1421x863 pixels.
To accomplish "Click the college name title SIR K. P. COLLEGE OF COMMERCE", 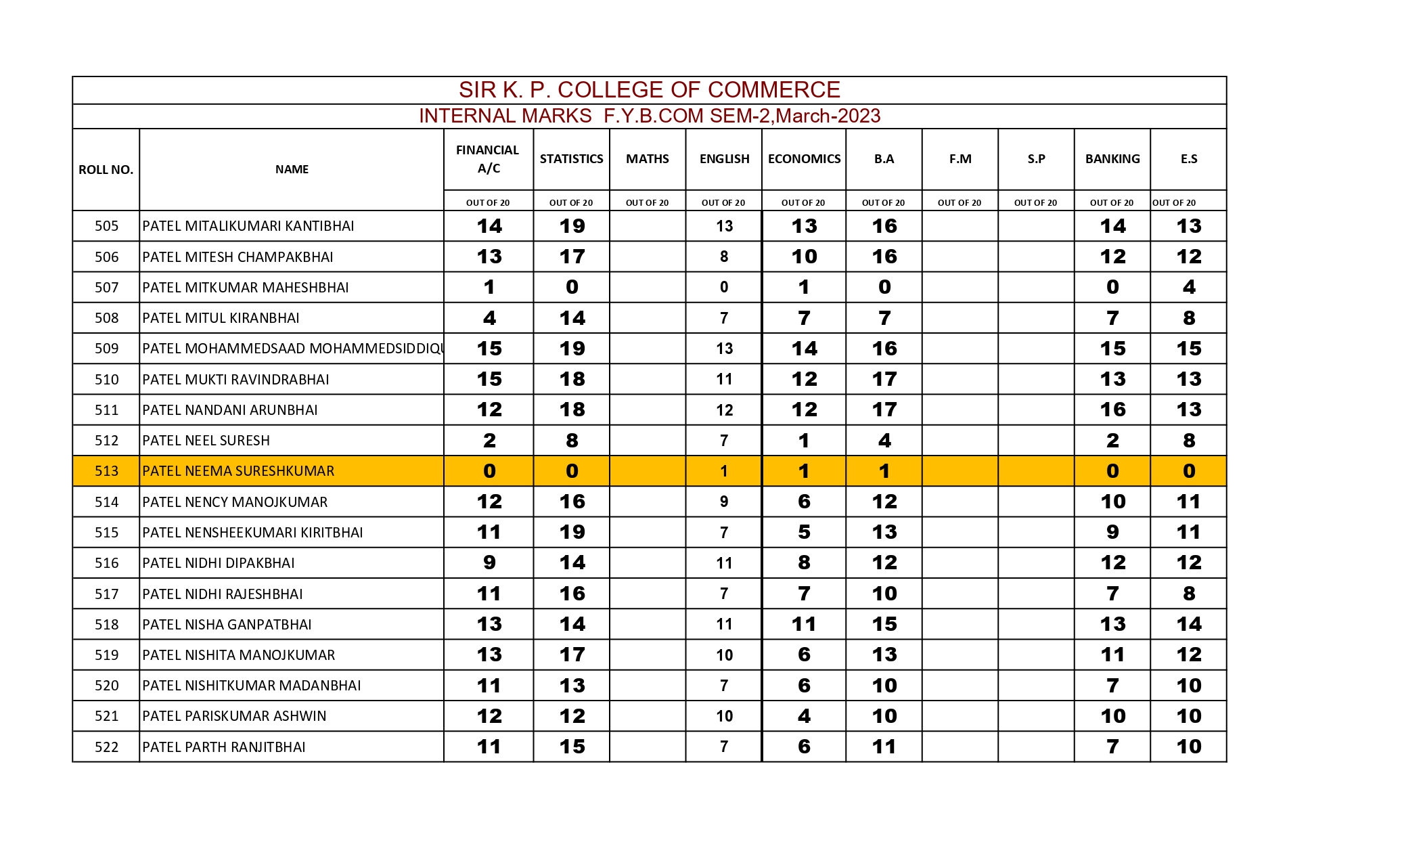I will coord(649,90).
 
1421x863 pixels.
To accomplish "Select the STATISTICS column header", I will coord(571,159).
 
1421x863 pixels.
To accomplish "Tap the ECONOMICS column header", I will coord(804,159).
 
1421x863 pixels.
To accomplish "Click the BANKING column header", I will coord(1112,159).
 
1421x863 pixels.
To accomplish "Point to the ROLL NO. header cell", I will coord(106,170).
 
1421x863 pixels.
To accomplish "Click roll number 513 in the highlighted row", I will coord(106,471).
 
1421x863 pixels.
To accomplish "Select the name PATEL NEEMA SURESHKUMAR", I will coord(238,471).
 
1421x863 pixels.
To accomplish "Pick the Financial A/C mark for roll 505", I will coord(489,226).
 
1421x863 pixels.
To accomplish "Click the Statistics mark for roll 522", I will coord(572,747).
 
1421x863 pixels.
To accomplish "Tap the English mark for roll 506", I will coord(724,257).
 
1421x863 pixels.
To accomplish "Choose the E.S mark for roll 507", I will coord(1188,287).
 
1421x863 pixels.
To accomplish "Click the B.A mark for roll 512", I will coord(884,441).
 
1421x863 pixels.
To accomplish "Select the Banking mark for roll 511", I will coord(1112,410).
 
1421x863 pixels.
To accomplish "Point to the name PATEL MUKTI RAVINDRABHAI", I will coord(235,380).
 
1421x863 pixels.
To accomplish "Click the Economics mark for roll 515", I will coord(804,532).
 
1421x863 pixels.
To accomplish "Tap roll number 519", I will coord(106,655).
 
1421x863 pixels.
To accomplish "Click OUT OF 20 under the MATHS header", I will coord(647,202).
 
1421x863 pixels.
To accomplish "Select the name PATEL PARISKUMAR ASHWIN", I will coord(234,716).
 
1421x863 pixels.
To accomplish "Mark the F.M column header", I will coord(960,159).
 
